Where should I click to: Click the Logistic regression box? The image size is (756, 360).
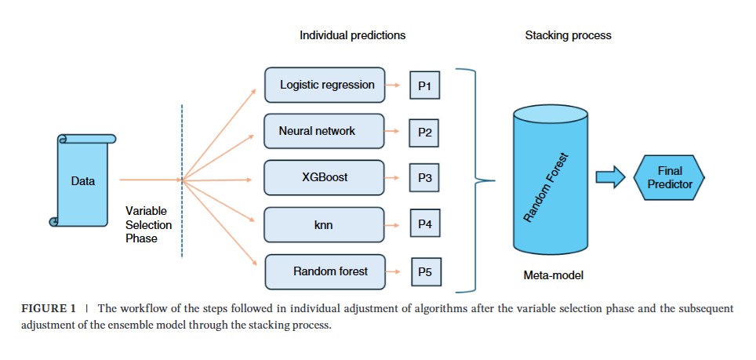pyautogui.click(x=325, y=85)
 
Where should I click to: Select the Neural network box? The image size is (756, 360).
pyautogui.click(x=324, y=131)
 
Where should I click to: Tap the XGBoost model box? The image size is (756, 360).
pyautogui.click(x=324, y=177)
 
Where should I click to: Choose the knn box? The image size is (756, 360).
pyautogui.click(x=324, y=224)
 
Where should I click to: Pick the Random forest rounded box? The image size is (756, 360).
pyautogui.click(x=325, y=272)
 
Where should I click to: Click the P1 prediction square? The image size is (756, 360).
pyautogui.click(x=425, y=85)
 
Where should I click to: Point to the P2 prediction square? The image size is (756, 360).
pyautogui.click(x=424, y=133)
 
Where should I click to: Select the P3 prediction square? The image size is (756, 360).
pyautogui.click(x=424, y=178)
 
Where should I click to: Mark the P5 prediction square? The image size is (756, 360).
pyautogui.click(x=426, y=272)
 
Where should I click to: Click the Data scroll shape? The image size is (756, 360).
pyautogui.click(x=83, y=180)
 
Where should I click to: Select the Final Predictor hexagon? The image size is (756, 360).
pyautogui.click(x=669, y=177)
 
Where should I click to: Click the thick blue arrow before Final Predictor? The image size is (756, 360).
pyautogui.click(x=610, y=177)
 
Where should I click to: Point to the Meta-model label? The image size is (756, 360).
pyautogui.click(x=553, y=275)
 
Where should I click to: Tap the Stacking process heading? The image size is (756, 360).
pyautogui.click(x=568, y=35)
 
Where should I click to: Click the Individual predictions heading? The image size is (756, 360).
pyautogui.click(x=352, y=35)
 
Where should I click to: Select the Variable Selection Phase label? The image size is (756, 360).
pyautogui.click(x=148, y=224)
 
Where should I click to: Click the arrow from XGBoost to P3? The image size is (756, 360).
pyautogui.click(x=392, y=178)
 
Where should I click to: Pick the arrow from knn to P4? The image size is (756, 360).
pyautogui.click(x=392, y=225)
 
